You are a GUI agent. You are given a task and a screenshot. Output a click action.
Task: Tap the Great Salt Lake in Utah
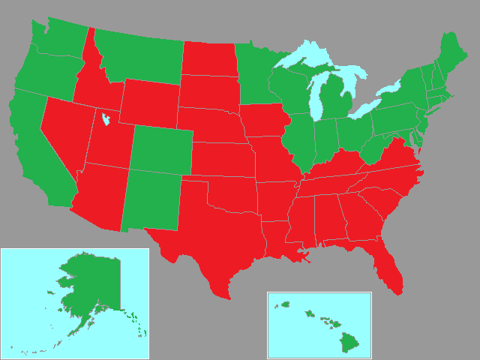104,118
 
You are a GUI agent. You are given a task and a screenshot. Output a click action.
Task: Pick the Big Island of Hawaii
349,344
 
